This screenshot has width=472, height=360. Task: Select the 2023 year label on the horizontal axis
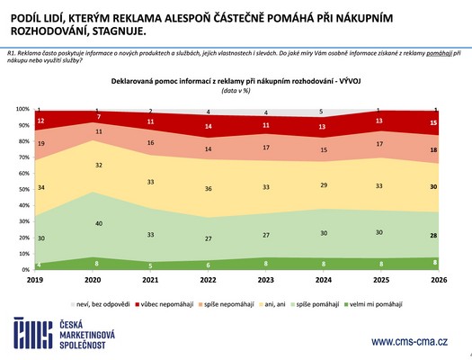[266, 279]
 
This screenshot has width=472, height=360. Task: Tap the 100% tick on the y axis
[22, 109]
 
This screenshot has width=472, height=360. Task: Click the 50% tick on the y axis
[24, 189]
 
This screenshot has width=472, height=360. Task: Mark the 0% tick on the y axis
[26, 270]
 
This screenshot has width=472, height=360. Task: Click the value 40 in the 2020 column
[97, 223]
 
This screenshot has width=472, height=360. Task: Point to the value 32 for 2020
[97, 166]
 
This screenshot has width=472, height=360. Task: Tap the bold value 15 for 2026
[434, 122]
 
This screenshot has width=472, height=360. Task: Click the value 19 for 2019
[41, 143]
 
